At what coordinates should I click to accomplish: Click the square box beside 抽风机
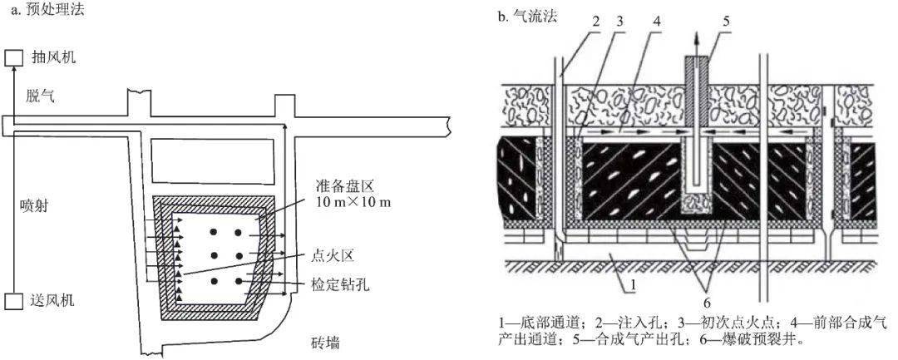12,57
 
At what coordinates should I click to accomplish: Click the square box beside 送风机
12,300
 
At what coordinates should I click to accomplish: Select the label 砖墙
323,343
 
